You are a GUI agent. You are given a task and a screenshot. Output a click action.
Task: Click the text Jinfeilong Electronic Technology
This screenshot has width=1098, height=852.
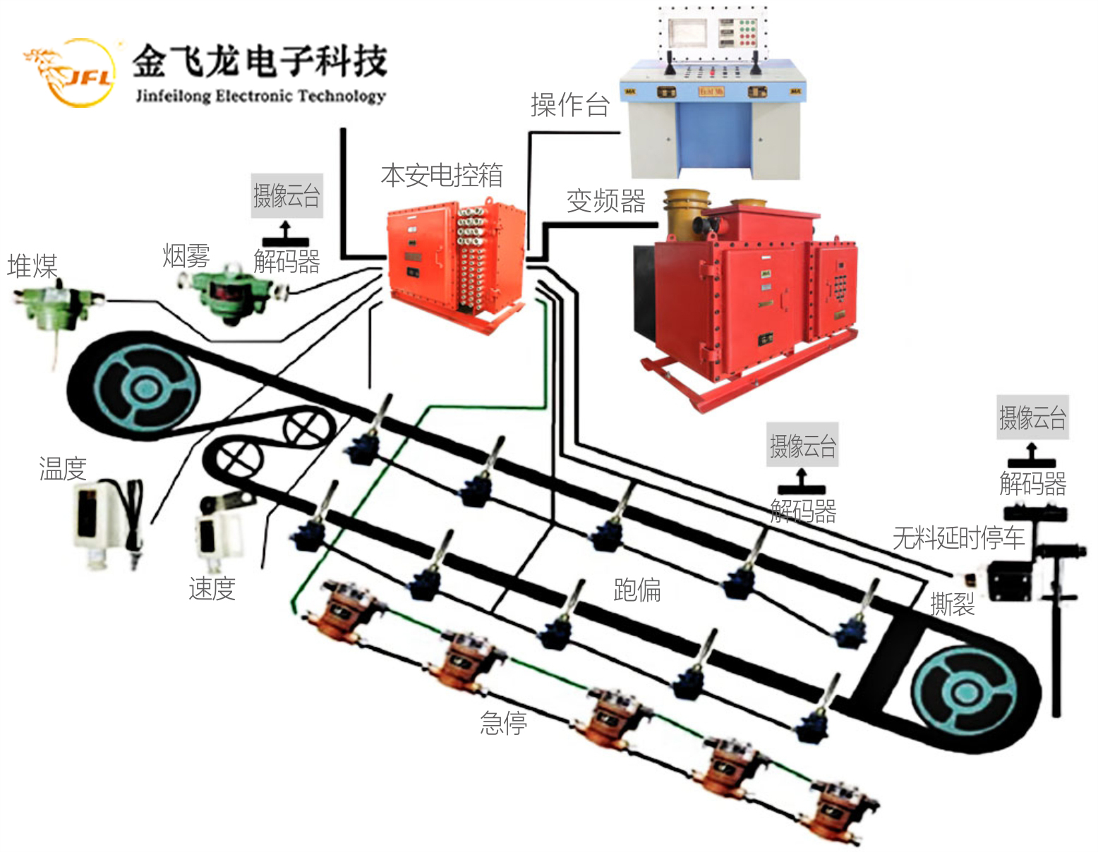click(x=260, y=96)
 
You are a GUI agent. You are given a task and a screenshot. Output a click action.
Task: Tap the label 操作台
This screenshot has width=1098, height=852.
click(x=569, y=105)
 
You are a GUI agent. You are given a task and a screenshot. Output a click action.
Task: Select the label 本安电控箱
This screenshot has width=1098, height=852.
click(x=442, y=175)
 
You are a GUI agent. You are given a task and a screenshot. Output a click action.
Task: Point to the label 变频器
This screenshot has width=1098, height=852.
click(x=605, y=201)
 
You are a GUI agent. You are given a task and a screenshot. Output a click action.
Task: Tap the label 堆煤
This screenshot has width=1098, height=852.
click(x=32, y=267)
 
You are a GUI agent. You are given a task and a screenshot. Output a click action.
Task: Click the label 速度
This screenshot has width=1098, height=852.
click(x=212, y=588)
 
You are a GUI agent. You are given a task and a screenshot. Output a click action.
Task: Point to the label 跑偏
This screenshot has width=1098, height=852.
click(x=637, y=590)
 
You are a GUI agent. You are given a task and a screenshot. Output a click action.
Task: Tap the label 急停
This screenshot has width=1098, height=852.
click(x=503, y=723)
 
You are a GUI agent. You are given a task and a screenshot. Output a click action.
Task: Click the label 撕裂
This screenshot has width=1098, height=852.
click(x=952, y=604)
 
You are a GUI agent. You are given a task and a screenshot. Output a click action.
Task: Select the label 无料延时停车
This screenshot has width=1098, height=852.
click(x=958, y=538)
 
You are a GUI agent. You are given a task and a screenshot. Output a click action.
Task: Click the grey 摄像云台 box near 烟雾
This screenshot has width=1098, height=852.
click(x=287, y=196)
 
